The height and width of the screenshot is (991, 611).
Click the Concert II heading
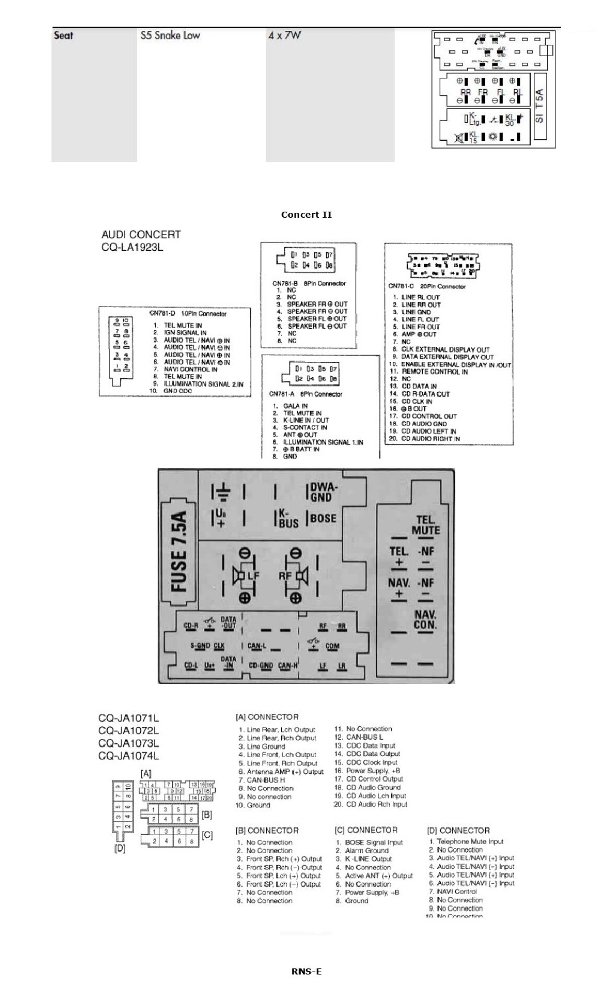[306, 215]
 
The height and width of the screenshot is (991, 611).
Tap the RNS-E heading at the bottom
[306, 971]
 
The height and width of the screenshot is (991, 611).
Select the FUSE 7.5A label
[179, 552]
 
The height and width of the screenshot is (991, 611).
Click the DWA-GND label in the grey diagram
[324, 492]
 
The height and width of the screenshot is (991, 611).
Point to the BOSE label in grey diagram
[324, 518]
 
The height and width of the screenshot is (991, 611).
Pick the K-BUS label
[287, 518]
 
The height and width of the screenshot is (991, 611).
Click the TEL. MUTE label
[425, 525]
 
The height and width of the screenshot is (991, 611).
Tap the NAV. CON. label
[425, 620]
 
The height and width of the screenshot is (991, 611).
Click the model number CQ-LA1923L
[132, 247]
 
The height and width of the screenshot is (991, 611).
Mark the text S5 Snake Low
[170, 36]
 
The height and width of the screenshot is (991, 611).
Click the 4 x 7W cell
[284, 36]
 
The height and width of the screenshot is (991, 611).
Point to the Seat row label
[63, 36]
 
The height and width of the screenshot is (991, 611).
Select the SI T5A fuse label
[539, 106]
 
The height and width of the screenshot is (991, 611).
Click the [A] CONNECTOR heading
[267, 717]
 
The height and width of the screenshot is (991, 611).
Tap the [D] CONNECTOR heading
[458, 830]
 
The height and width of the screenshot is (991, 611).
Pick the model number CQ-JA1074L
[129, 755]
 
